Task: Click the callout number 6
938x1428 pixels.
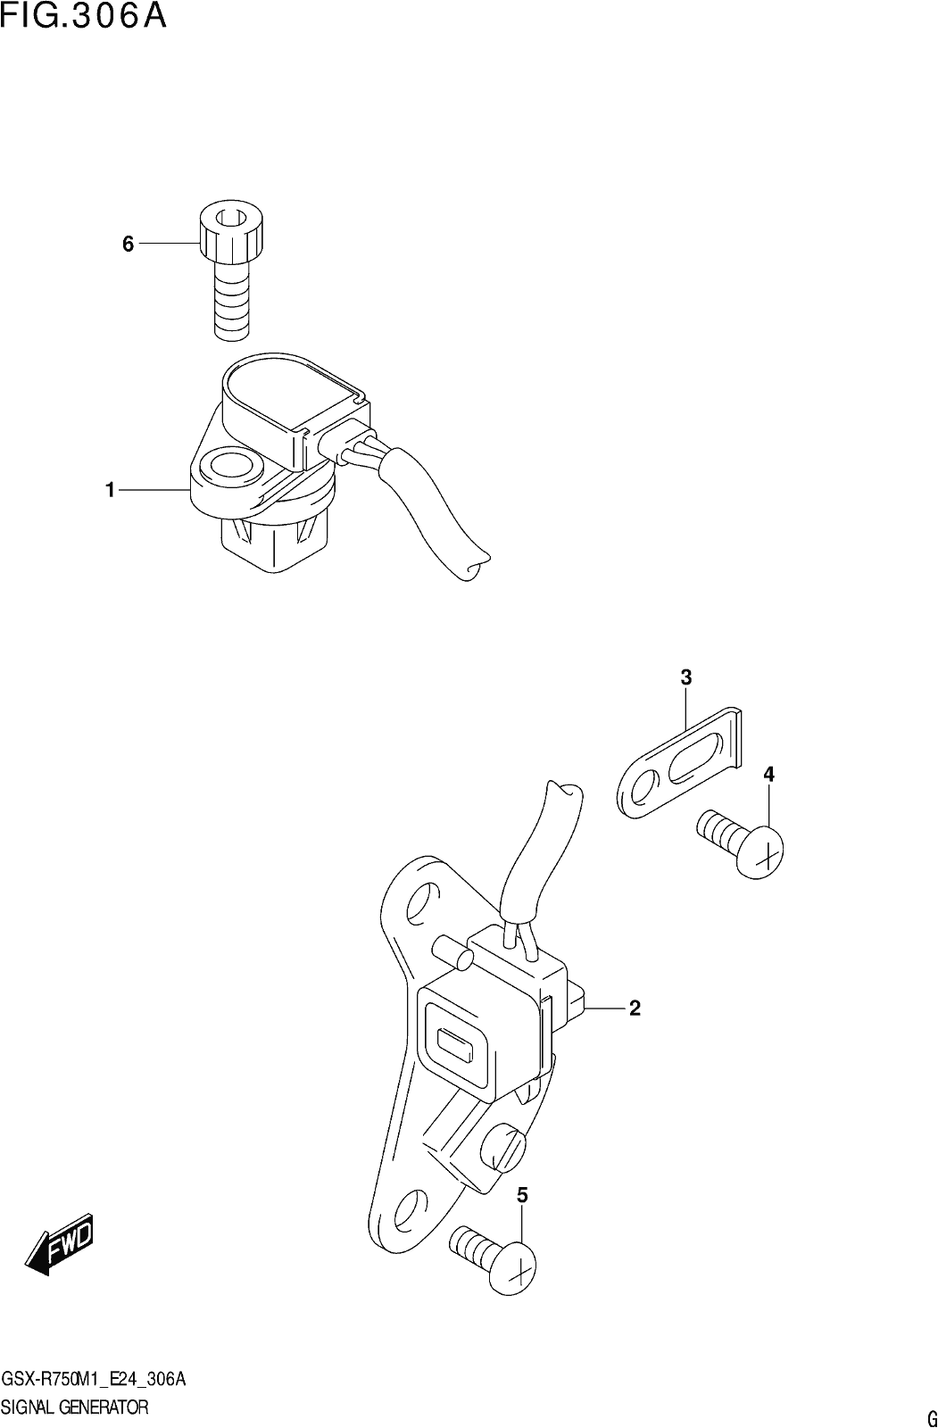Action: tap(129, 244)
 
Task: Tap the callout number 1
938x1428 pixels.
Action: tap(110, 490)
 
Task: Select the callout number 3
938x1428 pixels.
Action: tap(686, 677)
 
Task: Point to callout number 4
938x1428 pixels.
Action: tap(768, 775)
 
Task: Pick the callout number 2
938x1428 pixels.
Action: tap(635, 1008)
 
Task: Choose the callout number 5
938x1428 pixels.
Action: tap(522, 1196)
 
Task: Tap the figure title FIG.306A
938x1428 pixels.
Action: tap(84, 16)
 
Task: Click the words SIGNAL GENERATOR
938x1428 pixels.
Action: tap(75, 1407)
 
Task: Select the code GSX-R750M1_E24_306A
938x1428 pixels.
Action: tap(94, 1380)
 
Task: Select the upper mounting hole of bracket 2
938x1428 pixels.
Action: tap(422, 902)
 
